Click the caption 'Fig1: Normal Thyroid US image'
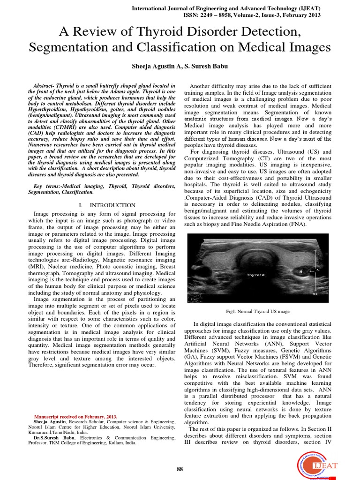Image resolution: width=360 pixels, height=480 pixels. pyautogui.click(x=258, y=311)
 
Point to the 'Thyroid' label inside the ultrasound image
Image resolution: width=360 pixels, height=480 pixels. pyautogui.click(x=256, y=275)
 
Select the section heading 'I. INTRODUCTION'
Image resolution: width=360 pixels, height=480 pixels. pyautogui.click(x=107, y=205)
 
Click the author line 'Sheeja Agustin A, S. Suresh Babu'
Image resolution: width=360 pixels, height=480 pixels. pyautogui.click(x=180, y=67)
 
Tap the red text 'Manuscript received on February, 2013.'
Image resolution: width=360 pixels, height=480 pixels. pyautogui.click(x=76, y=416)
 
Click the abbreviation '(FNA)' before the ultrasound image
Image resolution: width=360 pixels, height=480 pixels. pyautogui.click(x=296, y=225)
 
